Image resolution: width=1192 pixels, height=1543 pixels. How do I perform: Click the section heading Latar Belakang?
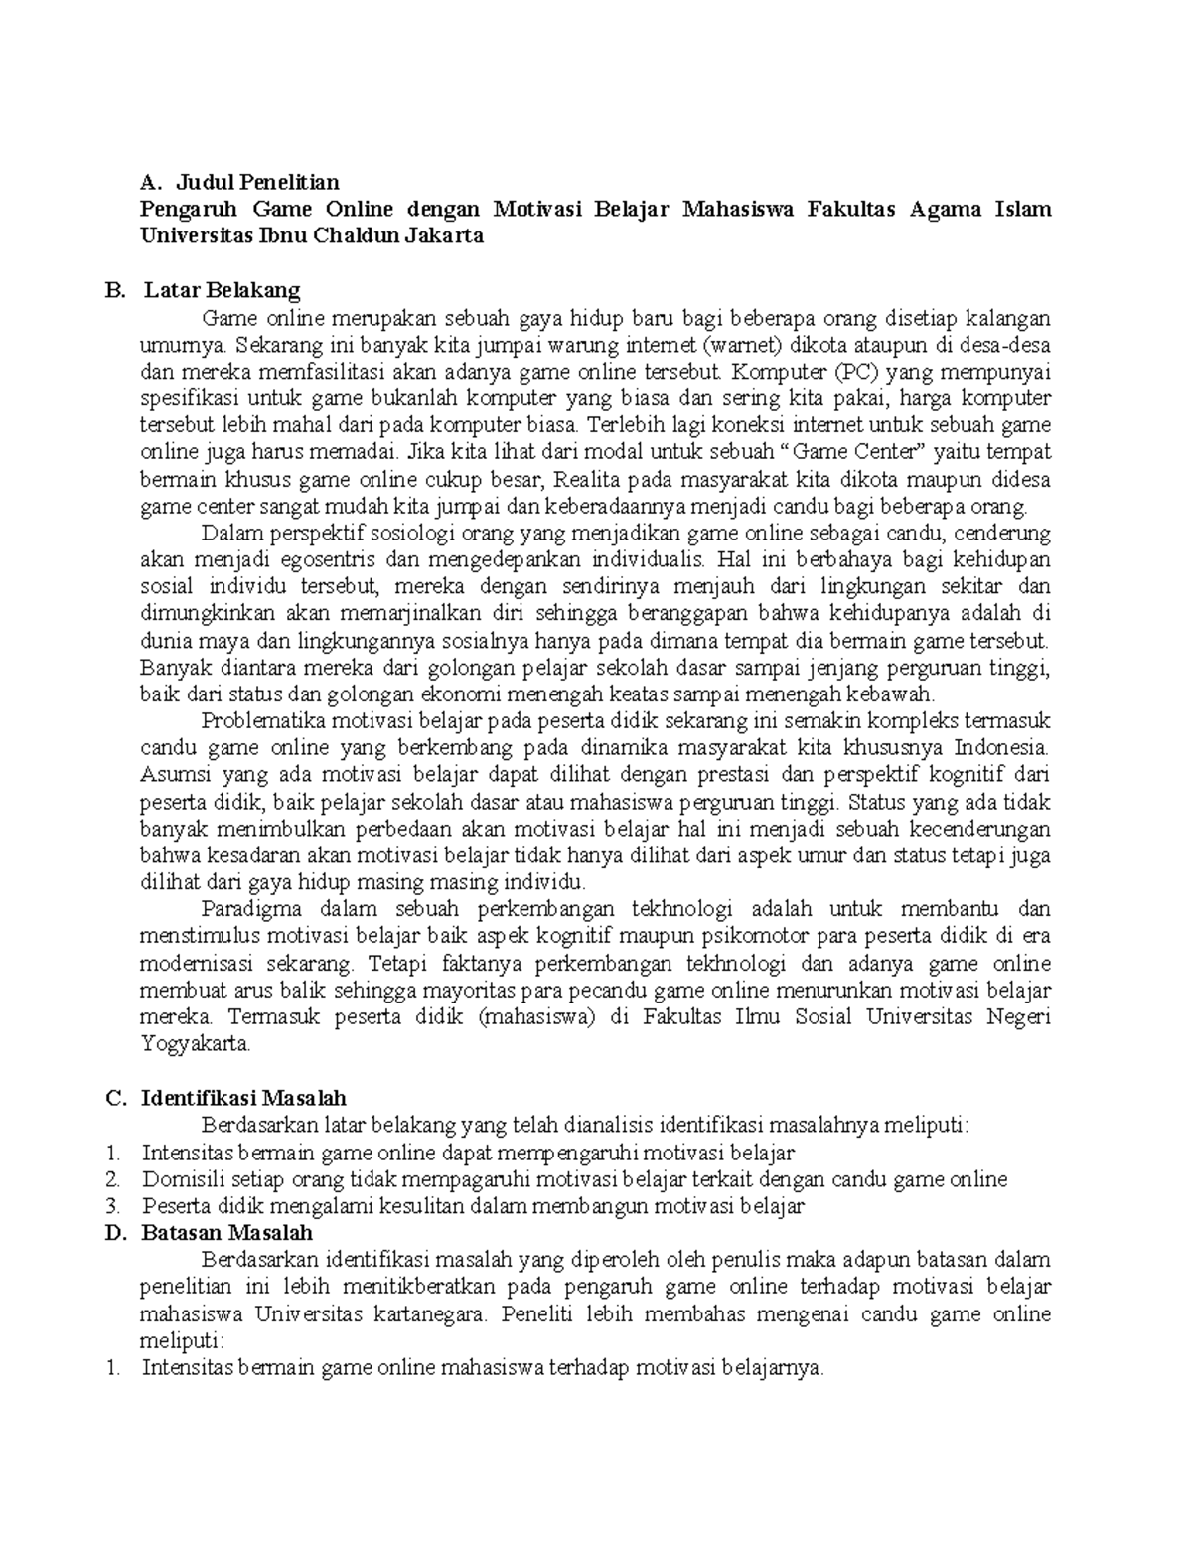pyautogui.click(x=222, y=290)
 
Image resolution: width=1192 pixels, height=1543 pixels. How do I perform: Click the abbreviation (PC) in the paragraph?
pyautogui.click(x=851, y=372)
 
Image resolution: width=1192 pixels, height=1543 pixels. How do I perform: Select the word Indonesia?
pyautogui.click(x=998, y=747)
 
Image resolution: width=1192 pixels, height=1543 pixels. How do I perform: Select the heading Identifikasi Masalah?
pyautogui.click(x=244, y=1098)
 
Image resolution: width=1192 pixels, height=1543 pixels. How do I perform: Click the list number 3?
pyautogui.click(x=114, y=1206)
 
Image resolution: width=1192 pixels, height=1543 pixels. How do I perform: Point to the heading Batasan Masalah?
pyautogui.click(x=227, y=1233)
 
